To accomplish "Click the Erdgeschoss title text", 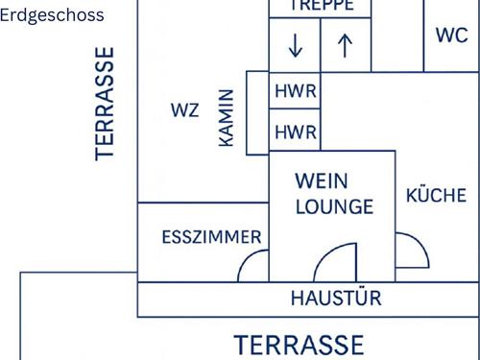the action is [52, 15].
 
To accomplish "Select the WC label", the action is [451, 36].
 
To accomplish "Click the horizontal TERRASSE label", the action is [300, 344].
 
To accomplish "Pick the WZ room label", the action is [185, 110].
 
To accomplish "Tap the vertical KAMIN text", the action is [227, 117].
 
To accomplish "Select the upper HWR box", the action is [295, 92].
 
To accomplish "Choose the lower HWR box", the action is [295, 132].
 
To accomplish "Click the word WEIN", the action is [322, 180].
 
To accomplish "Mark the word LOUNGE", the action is [333, 205].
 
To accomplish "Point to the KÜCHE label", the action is [436, 195].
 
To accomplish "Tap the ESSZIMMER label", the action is [211, 236].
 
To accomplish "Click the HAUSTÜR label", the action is [335, 298].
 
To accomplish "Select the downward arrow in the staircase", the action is [295, 45].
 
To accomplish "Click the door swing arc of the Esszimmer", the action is [253, 265].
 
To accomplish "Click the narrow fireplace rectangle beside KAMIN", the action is [256, 111].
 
